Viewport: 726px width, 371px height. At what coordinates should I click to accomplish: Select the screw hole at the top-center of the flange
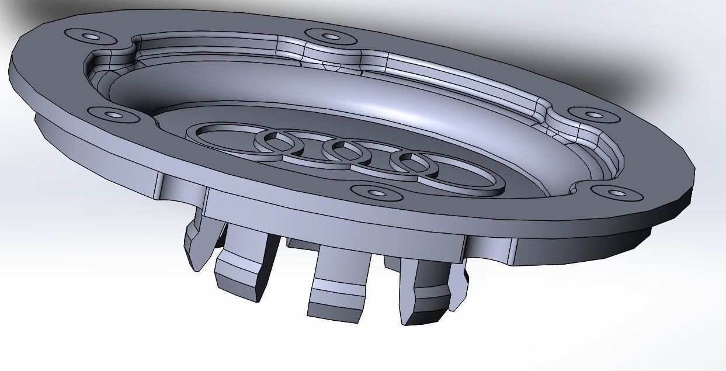tap(331, 37)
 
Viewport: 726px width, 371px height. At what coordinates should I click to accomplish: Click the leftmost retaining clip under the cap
tap(199, 245)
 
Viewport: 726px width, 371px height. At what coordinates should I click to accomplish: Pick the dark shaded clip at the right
tap(423, 292)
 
